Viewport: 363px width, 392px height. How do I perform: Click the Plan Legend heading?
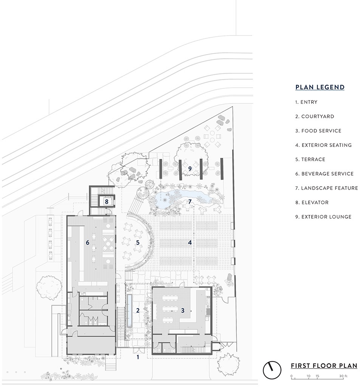point(320,87)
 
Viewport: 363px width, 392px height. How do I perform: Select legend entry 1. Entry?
point(306,102)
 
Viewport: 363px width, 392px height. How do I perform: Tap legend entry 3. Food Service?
point(318,131)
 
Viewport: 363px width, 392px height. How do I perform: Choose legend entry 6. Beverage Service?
point(324,174)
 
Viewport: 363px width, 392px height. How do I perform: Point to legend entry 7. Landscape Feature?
point(327,188)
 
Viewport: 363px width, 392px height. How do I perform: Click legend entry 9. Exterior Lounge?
point(323,217)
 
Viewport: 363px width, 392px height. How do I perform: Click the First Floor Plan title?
point(324,366)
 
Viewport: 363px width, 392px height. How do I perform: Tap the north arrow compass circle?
point(272,370)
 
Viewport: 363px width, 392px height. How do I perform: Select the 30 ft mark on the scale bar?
point(343,376)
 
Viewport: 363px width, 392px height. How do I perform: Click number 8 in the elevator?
point(107,202)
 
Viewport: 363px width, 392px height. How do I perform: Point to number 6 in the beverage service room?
point(87,242)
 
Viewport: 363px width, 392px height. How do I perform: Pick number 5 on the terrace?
point(138,242)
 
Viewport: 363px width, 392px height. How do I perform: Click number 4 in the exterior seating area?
point(190,242)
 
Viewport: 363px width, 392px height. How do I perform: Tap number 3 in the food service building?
point(183,310)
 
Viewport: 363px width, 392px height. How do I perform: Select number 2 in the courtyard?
point(138,310)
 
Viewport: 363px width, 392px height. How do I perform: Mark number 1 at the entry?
point(138,357)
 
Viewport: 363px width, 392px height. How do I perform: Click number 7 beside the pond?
point(190,202)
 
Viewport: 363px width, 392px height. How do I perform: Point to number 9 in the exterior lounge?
point(190,169)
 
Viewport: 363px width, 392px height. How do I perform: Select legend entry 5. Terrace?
point(310,159)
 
